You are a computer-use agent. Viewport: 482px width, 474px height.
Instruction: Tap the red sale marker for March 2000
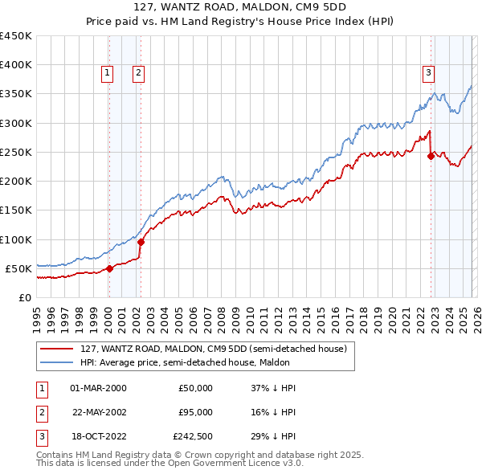[x=109, y=268]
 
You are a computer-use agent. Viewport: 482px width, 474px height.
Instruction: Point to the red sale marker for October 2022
[x=431, y=157]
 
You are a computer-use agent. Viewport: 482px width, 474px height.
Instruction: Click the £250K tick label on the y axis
[x=15, y=152]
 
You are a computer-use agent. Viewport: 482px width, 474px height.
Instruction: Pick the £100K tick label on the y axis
[x=15, y=239]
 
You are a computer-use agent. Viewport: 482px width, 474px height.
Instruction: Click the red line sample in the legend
[x=56, y=349]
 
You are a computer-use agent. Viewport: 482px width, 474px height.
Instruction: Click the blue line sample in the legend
[x=56, y=362]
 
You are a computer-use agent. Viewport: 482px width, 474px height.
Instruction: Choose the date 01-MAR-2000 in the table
[x=98, y=388]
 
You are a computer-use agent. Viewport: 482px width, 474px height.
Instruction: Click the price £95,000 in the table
[x=195, y=412]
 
